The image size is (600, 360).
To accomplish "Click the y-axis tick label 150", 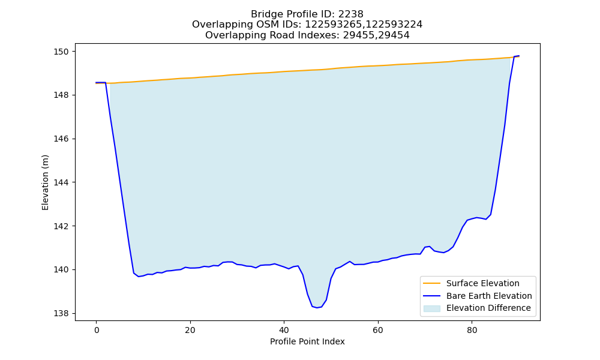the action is pos(62,52).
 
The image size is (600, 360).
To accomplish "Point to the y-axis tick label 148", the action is pos(62,95).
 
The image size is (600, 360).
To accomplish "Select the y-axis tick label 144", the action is pos(62,182).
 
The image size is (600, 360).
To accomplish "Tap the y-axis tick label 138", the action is pos(62,314).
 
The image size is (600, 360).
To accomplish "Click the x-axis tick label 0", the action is pos(97,331).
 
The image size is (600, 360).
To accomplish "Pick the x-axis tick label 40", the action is pos(284,331).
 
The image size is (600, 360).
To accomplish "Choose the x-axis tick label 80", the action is pos(472,331).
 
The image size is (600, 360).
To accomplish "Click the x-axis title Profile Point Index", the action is pos(307,341).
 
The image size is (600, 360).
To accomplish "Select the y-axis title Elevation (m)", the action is pos(45,182).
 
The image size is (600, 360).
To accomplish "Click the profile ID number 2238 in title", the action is pos(350,14).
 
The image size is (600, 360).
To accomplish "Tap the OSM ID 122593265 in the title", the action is pos(333,25).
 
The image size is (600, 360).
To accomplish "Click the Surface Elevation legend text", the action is pos(482,283).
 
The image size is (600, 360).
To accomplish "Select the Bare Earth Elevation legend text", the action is pos(489,296).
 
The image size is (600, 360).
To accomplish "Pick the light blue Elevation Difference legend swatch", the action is pos(431,308).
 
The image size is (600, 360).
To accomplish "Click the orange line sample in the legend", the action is pos(431,283).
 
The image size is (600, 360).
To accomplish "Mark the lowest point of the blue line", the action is pos(317,308).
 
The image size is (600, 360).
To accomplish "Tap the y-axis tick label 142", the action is pos(62,226).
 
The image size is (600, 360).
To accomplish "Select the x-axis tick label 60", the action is pos(377,331).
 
